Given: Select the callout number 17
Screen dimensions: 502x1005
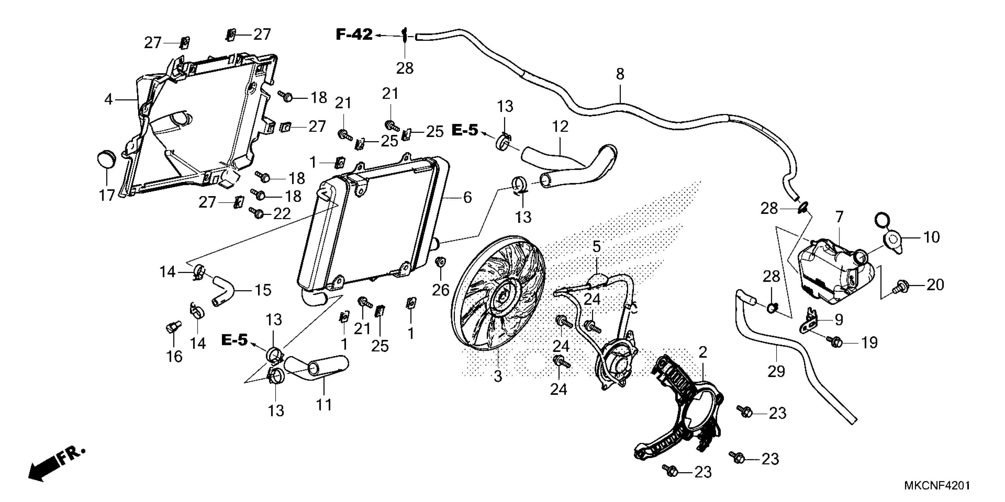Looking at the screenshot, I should tap(106, 195).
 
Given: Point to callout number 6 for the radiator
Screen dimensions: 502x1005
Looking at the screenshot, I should tap(467, 198).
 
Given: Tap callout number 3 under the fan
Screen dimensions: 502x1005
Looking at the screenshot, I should tap(498, 376).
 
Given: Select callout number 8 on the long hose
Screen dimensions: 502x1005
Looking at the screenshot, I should tap(620, 74).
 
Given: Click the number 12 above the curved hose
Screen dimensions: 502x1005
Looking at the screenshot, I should tap(560, 127).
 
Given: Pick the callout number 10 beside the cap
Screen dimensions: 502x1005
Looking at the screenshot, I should tap(932, 237).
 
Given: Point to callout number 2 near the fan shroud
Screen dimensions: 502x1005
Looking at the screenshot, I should tap(703, 353).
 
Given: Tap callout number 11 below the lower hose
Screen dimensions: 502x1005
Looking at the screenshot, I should tap(324, 405).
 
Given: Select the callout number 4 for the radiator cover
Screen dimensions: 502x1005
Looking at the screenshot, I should tap(108, 100).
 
